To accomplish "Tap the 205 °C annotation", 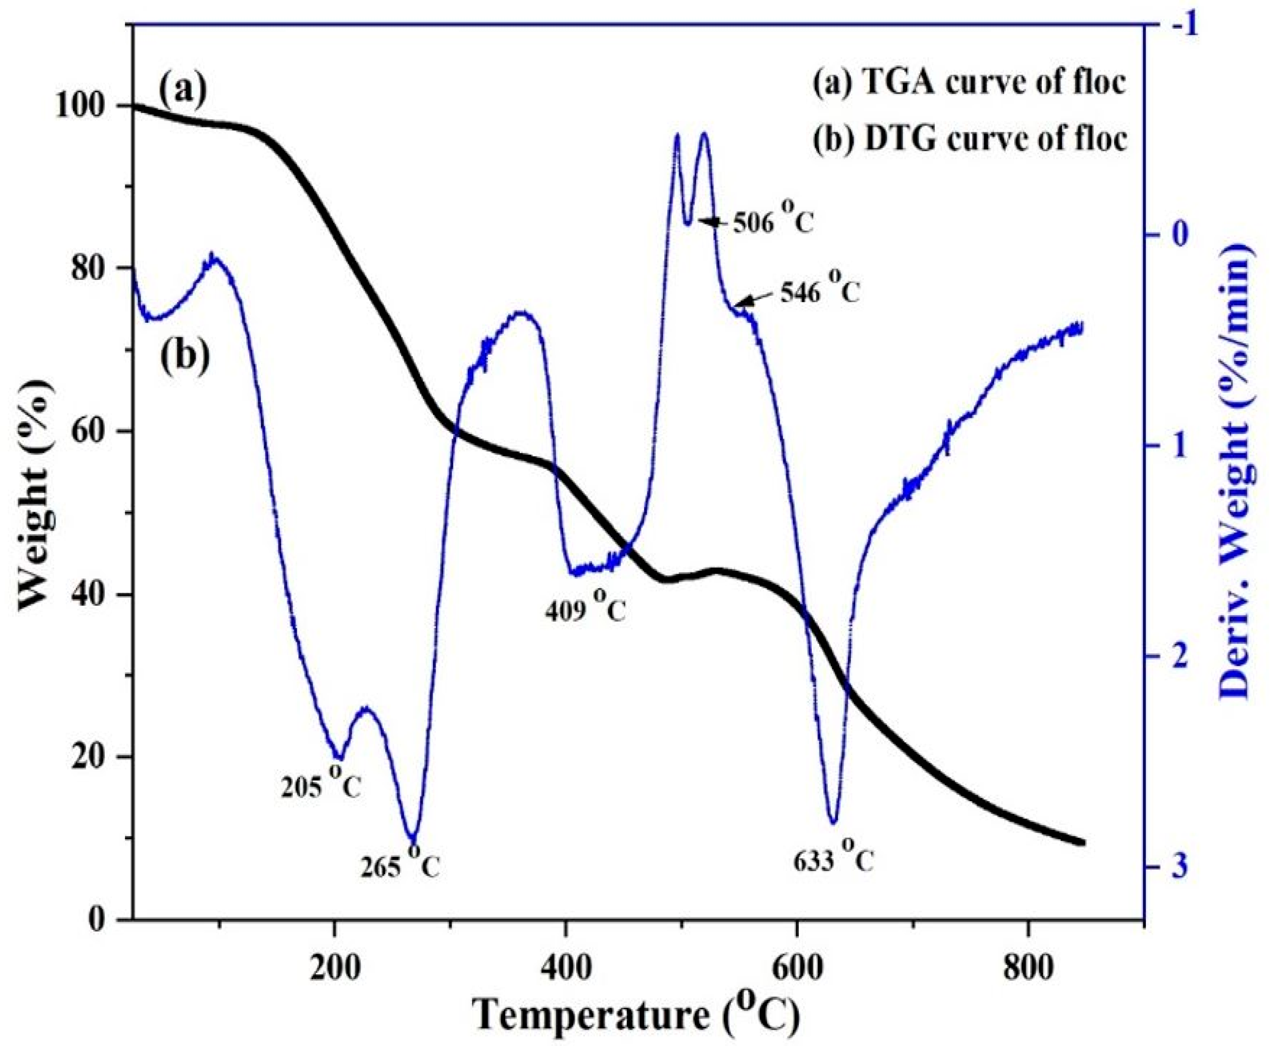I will point(321,785).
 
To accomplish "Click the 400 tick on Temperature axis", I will point(565,953).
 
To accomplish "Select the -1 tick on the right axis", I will point(1177,26).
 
